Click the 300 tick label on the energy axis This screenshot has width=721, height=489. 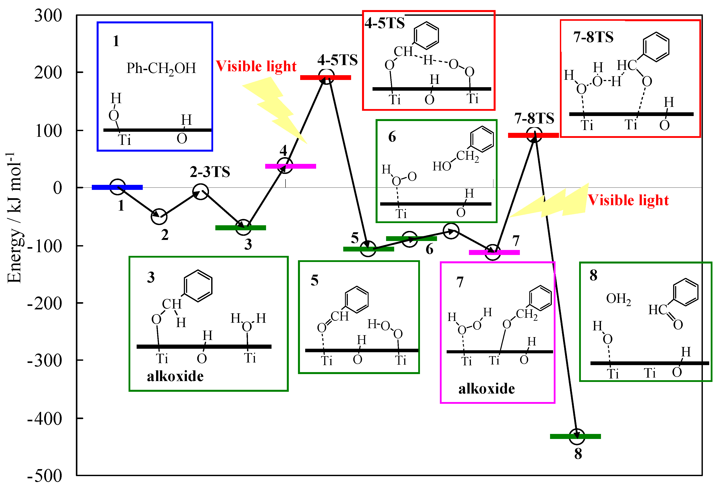point(48,16)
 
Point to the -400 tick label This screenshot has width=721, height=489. point(45,419)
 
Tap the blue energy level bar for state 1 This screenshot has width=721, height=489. point(117,187)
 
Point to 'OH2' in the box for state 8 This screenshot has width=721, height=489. point(618,299)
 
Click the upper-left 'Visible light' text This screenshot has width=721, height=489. point(256,66)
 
